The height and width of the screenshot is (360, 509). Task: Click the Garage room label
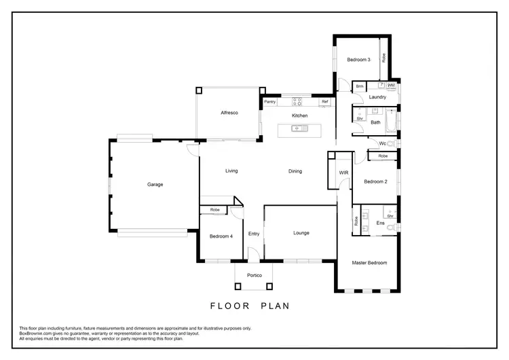tap(155, 184)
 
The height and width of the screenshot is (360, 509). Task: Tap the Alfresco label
tap(228, 112)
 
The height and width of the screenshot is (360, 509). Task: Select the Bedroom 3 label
tap(358, 60)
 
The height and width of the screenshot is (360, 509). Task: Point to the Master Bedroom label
tap(369, 262)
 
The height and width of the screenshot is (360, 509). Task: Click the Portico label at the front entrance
tap(254, 274)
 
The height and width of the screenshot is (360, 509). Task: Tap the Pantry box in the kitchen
tap(269, 102)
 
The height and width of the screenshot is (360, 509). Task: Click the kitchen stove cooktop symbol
tap(297, 102)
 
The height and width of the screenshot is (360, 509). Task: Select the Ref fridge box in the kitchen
tap(324, 102)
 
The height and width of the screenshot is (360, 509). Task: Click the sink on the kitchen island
tap(296, 128)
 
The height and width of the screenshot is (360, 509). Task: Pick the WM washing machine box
tap(391, 86)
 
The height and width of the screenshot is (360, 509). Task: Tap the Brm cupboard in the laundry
tap(360, 86)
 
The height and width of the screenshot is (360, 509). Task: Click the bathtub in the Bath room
tap(392, 122)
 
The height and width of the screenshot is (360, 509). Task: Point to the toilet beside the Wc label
tap(396, 143)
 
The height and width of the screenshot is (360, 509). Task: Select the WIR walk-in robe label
tap(343, 173)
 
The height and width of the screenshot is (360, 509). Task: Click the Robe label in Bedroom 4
tap(214, 209)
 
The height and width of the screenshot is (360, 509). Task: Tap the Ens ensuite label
tap(380, 223)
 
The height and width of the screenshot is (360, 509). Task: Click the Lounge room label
tap(301, 233)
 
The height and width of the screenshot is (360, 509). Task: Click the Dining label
tap(295, 171)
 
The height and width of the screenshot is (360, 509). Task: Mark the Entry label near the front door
tap(254, 234)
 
